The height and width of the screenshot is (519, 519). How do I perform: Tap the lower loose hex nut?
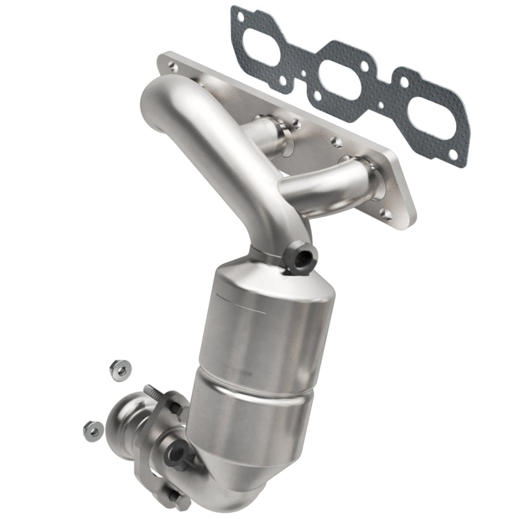[x=91, y=429]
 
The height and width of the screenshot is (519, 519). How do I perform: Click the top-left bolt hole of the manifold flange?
[x=171, y=65]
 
